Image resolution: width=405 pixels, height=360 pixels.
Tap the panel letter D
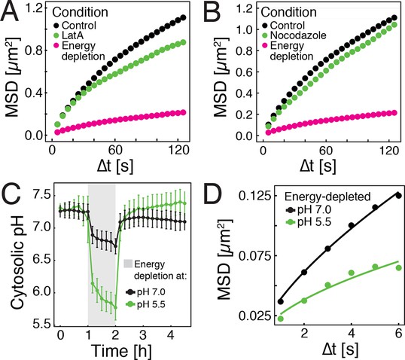click(213, 194)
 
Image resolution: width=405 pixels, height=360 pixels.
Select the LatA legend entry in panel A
click(68, 35)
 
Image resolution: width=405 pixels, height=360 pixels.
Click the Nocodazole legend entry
click(294, 35)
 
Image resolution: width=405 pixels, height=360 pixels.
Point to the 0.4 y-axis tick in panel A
click(34, 93)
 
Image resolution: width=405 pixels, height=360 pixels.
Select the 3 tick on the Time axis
click(142, 335)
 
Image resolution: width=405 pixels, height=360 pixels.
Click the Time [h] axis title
click(121, 351)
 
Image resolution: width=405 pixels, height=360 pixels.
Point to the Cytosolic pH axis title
click(17, 262)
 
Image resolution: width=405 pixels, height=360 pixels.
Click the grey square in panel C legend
click(128, 264)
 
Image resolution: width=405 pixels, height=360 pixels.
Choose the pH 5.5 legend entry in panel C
click(145, 304)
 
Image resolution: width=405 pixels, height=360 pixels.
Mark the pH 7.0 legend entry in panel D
click(309, 210)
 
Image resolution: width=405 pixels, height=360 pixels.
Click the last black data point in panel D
click(398, 196)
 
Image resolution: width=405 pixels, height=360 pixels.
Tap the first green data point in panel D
click(281, 319)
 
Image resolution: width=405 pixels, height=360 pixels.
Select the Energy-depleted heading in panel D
click(327, 197)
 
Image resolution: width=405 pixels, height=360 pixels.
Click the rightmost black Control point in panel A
click(184, 17)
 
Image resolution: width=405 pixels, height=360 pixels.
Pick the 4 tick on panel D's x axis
click(352, 333)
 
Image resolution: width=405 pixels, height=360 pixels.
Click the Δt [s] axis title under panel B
click(318, 166)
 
